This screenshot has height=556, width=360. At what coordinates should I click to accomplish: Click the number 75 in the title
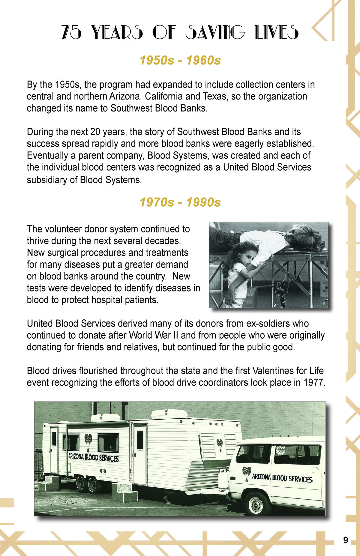(x=71, y=32)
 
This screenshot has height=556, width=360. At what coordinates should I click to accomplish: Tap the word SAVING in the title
(x=215, y=32)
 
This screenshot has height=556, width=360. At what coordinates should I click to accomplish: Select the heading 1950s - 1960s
(x=180, y=61)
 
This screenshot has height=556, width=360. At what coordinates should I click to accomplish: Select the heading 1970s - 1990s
(x=180, y=202)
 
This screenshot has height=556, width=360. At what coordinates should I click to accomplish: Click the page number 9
(x=346, y=540)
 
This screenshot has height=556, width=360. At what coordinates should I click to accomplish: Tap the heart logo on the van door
(x=247, y=474)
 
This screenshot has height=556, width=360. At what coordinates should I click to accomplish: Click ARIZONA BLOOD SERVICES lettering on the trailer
(x=93, y=458)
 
